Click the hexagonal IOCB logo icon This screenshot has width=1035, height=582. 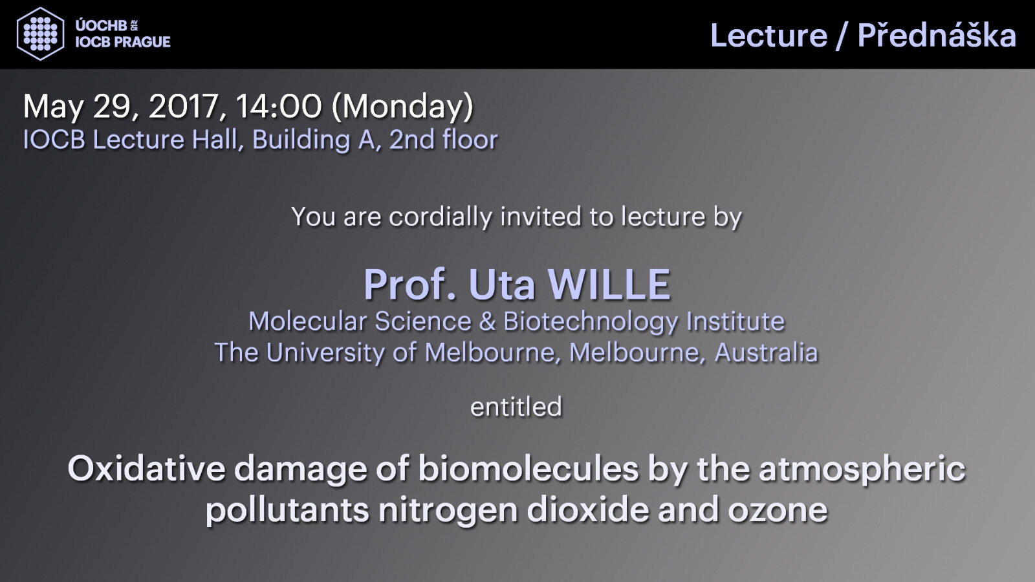pos(40,34)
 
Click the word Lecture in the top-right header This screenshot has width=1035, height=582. pos(769,36)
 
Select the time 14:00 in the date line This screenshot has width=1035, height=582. pos(279,106)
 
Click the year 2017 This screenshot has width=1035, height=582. pos(184,107)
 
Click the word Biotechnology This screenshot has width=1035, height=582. pos(591,321)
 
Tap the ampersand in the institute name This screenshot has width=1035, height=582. pos(488,321)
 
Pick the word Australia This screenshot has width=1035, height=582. pos(766,352)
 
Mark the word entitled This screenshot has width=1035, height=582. pos(516,407)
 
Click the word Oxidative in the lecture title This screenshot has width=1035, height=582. pos(146,468)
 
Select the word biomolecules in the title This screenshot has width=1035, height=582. pos(528,468)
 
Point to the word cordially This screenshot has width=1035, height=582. pos(441,217)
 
